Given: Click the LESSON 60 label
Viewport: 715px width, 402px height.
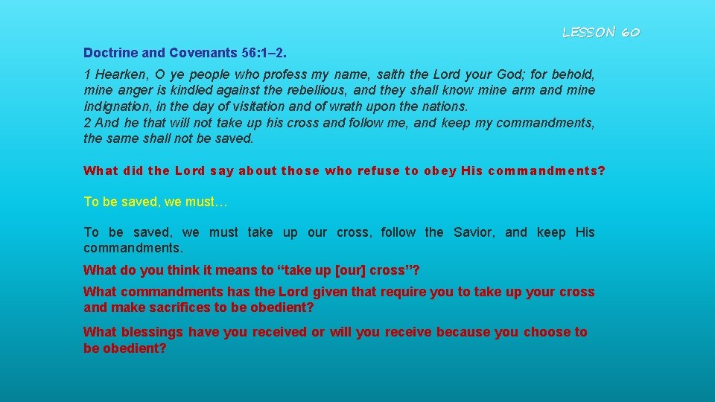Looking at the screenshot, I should click(600, 32).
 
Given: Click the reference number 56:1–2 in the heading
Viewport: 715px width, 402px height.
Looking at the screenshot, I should click(267, 54).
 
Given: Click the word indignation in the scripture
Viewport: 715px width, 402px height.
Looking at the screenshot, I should click(115, 106).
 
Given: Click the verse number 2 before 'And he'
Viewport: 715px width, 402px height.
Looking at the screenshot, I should click(86, 123).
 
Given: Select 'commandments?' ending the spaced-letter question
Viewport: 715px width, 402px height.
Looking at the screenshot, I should click(547, 171).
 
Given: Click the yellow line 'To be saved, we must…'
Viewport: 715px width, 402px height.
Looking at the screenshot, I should click(146, 202).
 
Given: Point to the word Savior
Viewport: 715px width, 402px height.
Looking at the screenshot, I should click(473, 233).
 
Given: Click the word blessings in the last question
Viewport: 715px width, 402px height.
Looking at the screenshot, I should click(152, 332).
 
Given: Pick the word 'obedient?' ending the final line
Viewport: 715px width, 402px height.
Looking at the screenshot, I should click(134, 348).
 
